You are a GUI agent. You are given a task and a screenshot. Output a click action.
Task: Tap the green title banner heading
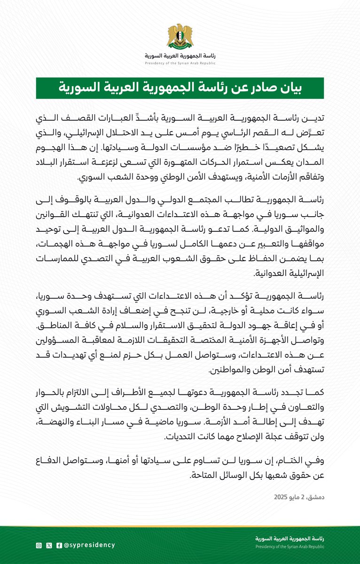pos(180,88)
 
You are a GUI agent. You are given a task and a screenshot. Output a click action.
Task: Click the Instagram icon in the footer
pos(39,545)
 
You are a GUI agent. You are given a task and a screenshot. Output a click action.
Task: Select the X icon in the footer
pos(49,545)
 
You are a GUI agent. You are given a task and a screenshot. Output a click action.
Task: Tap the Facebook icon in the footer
pos(59,545)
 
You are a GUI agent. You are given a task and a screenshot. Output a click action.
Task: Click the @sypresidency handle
pos(89,545)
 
